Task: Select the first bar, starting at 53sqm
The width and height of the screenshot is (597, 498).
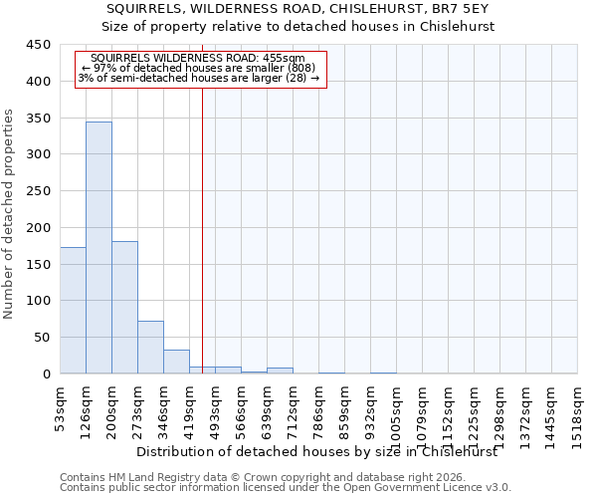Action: (x=73, y=310)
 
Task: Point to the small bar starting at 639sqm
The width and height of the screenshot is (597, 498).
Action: (x=280, y=371)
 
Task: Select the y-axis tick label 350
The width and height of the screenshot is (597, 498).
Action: (x=38, y=118)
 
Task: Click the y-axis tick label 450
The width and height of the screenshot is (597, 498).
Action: (x=38, y=45)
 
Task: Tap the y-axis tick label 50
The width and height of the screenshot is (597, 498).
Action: (x=42, y=338)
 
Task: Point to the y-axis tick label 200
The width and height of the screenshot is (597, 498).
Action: (x=38, y=228)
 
